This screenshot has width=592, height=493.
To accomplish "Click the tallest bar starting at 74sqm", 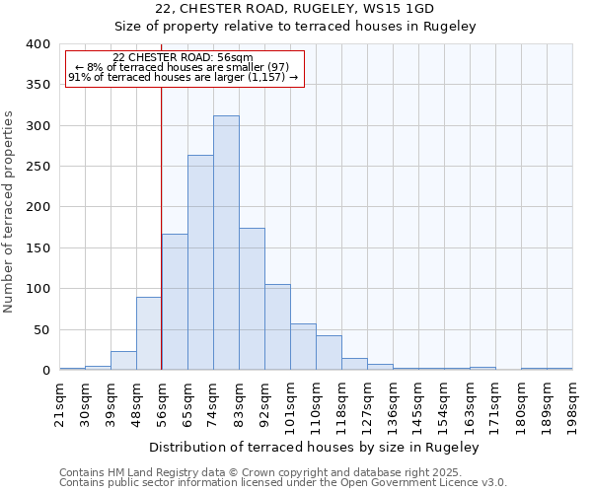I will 226,243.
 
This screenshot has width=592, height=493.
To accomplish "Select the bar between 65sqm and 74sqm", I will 200,262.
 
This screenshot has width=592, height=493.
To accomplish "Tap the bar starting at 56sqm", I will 175,302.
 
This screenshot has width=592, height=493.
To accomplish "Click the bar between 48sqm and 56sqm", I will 149,333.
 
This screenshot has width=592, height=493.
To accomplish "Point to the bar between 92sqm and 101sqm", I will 277,327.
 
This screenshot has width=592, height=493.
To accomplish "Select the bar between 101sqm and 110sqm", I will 303,347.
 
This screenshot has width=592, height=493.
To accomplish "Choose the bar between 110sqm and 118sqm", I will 329,353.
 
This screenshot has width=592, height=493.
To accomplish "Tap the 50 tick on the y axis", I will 41,329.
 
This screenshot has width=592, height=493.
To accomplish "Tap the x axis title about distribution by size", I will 320,447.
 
